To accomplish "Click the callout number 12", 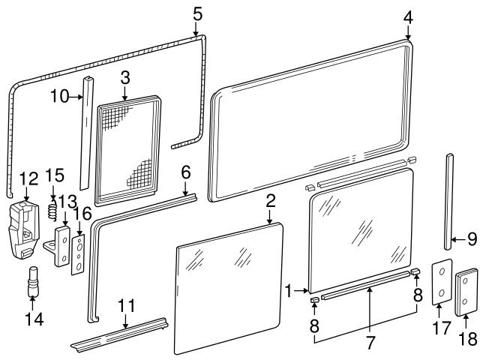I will (28, 179).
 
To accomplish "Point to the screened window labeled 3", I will (128, 150).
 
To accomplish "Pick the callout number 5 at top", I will (196, 13).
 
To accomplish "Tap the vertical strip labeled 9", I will (449, 201).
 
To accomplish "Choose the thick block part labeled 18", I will (466, 288).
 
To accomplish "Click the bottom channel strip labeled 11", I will (120, 332).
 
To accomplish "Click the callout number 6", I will (186, 173).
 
